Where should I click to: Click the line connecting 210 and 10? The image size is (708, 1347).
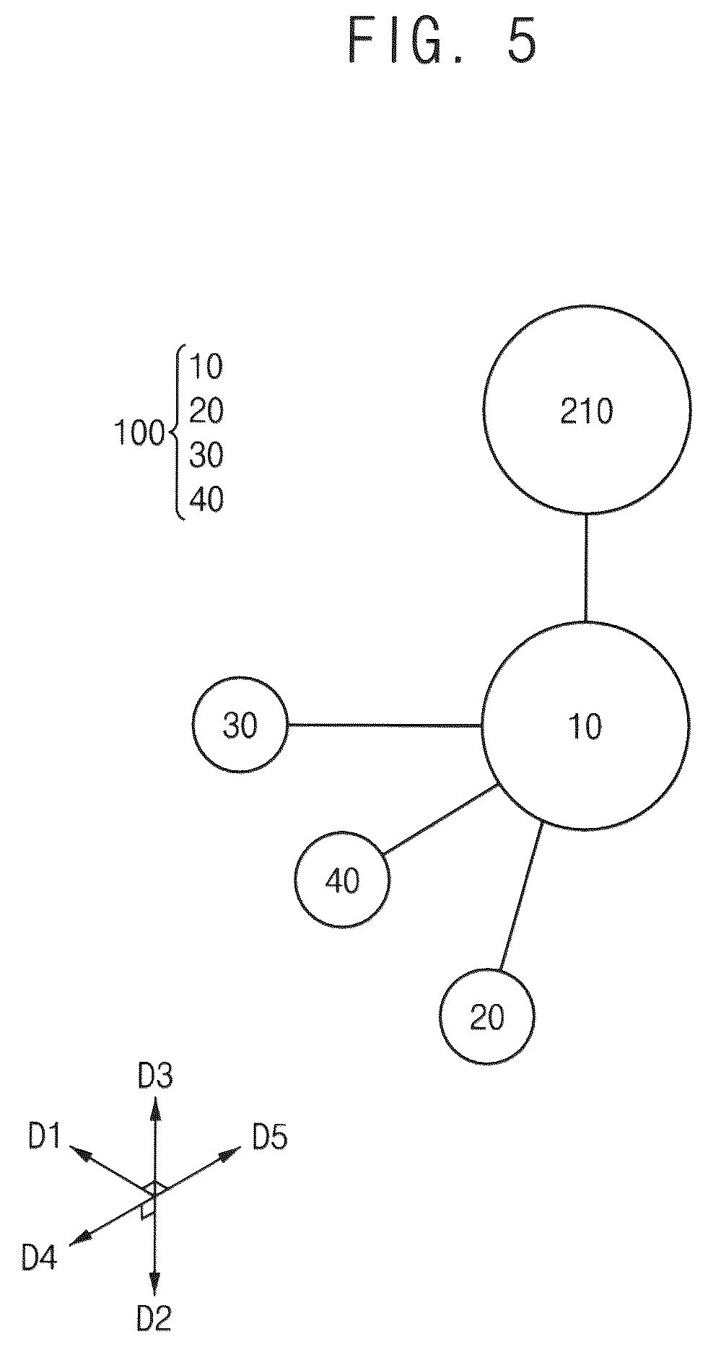point(585,567)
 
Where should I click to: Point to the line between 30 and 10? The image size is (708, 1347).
point(385,725)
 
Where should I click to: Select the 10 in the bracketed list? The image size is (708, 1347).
point(206,367)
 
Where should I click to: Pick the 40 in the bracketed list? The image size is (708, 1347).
point(206,499)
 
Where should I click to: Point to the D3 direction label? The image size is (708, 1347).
point(155,1078)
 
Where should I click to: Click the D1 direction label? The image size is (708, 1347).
point(44,1138)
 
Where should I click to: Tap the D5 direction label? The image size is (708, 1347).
point(270,1138)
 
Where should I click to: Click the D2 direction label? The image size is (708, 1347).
point(154,1319)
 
